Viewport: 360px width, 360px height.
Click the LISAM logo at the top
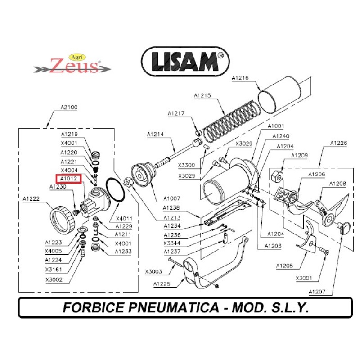coord(185,62)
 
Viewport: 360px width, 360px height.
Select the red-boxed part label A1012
coord(69,179)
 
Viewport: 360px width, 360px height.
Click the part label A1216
coord(240,78)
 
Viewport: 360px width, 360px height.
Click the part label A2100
coord(69,108)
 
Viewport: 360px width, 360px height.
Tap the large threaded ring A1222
coord(61,219)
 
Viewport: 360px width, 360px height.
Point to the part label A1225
coord(162,283)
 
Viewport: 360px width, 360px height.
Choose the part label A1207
coord(317,292)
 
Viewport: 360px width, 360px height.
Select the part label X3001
coord(304,278)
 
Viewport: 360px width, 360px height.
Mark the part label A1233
coord(123,252)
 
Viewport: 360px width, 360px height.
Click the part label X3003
coord(153,271)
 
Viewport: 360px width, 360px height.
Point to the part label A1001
coord(276,126)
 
